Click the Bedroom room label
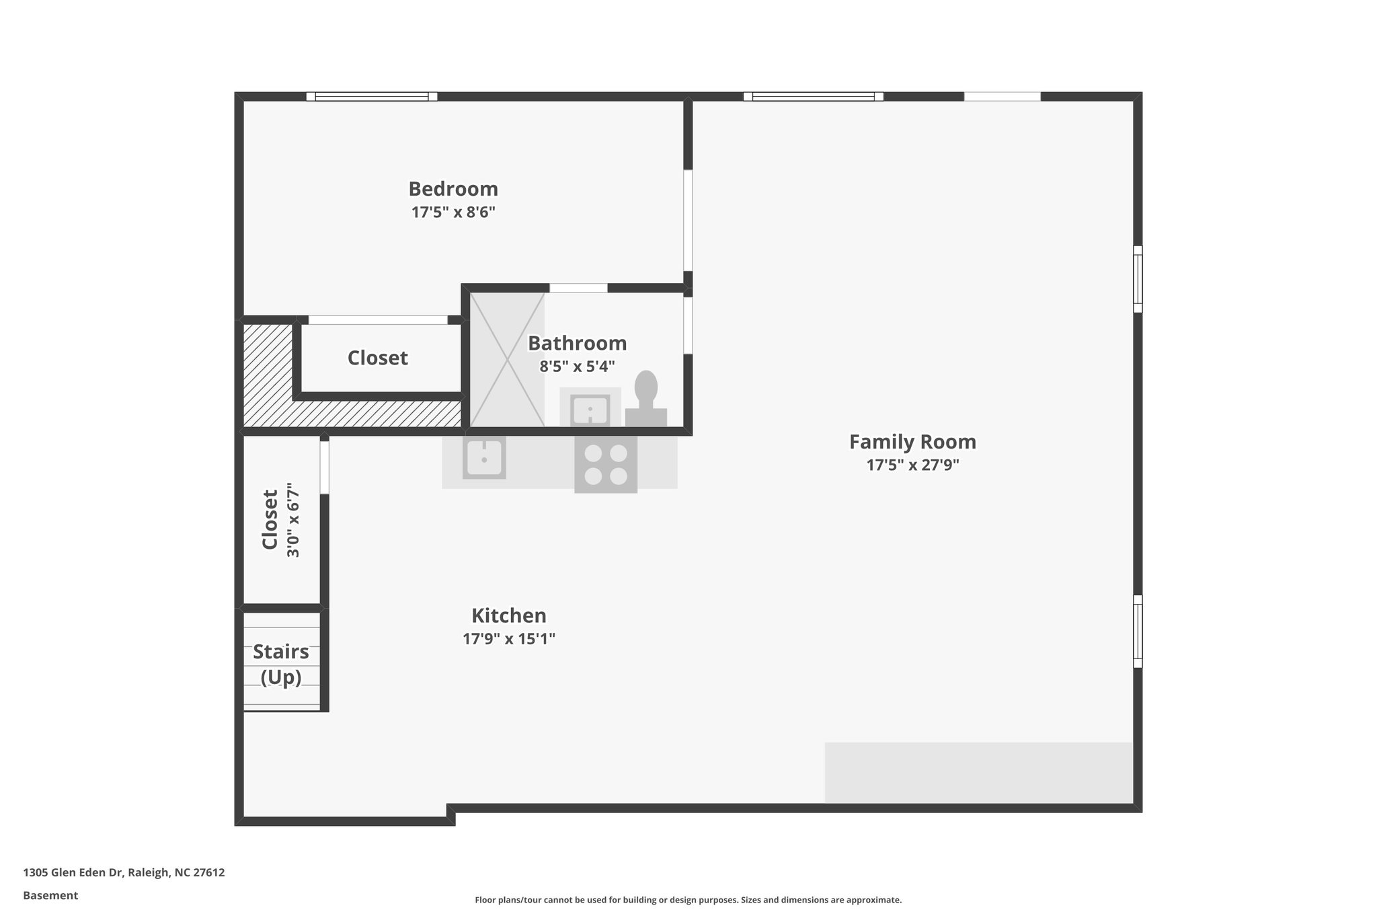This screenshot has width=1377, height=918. tap(453, 189)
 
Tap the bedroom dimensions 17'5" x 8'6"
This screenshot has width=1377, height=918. tap(453, 213)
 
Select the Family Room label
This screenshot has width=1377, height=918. tap(912, 442)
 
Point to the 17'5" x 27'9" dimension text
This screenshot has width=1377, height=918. tap(912, 465)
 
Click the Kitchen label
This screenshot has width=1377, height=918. tap(508, 615)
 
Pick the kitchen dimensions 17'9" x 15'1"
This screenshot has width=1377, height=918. tap(508, 638)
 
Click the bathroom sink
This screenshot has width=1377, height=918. tap(590, 409)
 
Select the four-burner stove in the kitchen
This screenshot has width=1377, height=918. tap(605, 465)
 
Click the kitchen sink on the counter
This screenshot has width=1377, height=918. tap(484, 458)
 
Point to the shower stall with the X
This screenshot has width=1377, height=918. tap(507, 359)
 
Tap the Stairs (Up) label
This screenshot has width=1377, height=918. tap(281, 664)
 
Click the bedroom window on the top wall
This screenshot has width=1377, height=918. tap(372, 97)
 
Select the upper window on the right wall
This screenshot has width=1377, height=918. tap(1138, 279)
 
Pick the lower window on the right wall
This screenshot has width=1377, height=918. tap(1138, 631)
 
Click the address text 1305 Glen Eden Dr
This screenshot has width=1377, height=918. tap(124, 872)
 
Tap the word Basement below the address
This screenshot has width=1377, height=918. tap(50, 895)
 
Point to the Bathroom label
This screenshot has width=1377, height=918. tap(577, 343)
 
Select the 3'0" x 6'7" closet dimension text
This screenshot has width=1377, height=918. tap(293, 519)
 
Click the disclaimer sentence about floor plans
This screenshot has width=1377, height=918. tap(688, 900)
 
